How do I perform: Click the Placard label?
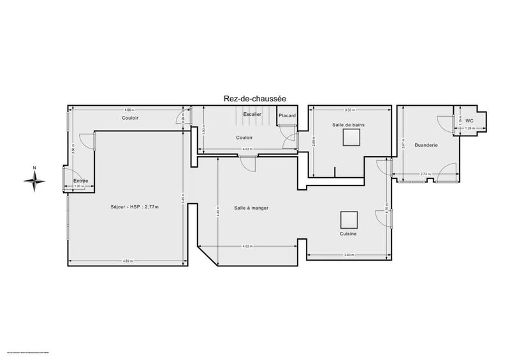287,115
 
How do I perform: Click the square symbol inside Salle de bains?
347,141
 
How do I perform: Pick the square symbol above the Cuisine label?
348,220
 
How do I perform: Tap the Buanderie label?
426,145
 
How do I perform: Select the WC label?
469,120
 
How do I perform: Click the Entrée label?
80,181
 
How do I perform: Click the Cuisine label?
347,234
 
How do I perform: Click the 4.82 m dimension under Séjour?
127,262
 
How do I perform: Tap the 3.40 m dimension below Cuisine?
348,256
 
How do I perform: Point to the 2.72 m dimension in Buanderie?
425,174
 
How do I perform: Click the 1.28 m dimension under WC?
470,129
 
